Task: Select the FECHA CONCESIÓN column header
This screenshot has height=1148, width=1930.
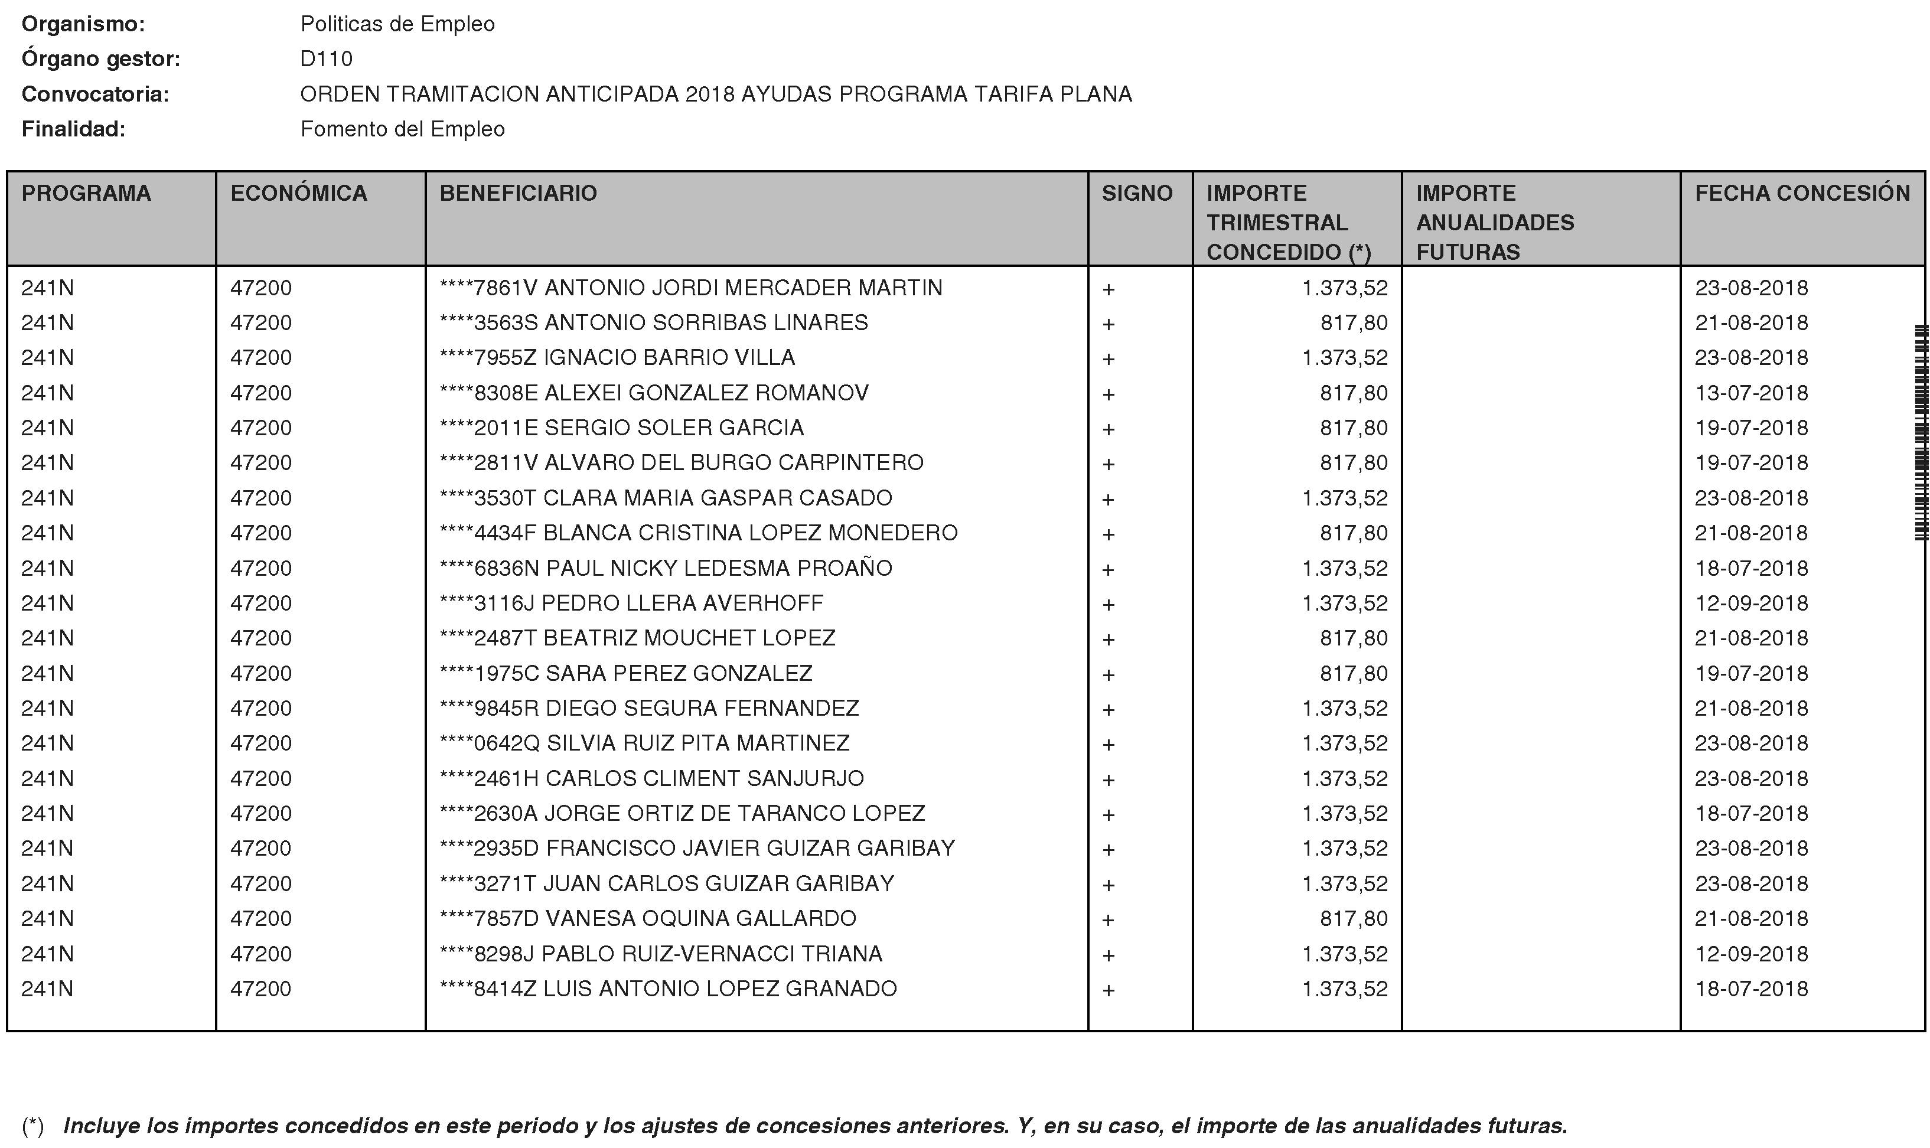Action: [1802, 193]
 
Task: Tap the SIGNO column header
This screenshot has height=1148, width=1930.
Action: [1136, 193]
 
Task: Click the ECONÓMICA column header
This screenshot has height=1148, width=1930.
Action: [299, 193]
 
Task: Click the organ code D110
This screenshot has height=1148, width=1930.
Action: [327, 60]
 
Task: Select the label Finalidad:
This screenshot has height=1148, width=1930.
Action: [73, 129]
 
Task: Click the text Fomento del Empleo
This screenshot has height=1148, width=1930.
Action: [402, 129]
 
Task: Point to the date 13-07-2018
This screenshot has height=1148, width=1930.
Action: [1751, 393]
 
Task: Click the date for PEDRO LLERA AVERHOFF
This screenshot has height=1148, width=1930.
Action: [1751, 604]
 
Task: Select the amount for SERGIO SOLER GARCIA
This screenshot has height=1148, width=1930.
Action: [1353, 428]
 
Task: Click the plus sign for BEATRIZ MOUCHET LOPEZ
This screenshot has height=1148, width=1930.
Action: [1108, 640]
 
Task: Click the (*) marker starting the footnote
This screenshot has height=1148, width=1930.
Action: [32, 1126]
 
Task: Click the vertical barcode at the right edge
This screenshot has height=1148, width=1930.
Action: [1920, 433]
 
